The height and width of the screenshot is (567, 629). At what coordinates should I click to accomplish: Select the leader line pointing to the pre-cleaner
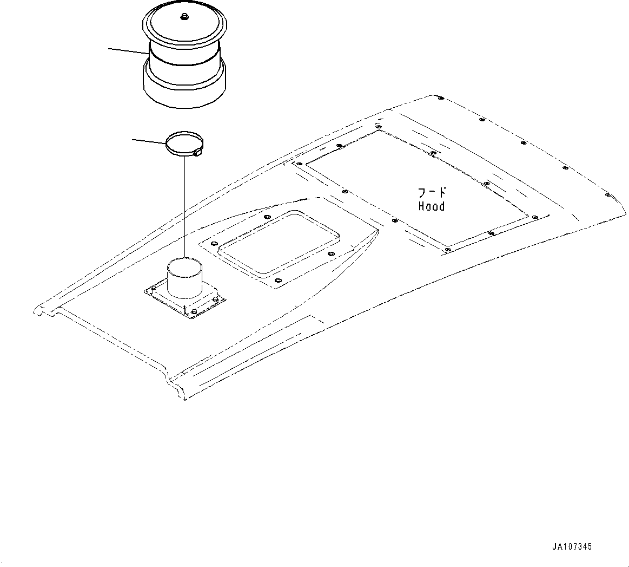coord(127,50)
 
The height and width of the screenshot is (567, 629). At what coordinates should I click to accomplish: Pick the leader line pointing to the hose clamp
coord(149,141)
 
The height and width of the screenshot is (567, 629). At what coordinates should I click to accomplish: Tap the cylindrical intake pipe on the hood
coord(185,277)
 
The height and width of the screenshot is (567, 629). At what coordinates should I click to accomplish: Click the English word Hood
coord(431,206)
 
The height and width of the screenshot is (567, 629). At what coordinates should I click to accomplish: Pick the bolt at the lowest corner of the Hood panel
coord(448,250)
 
